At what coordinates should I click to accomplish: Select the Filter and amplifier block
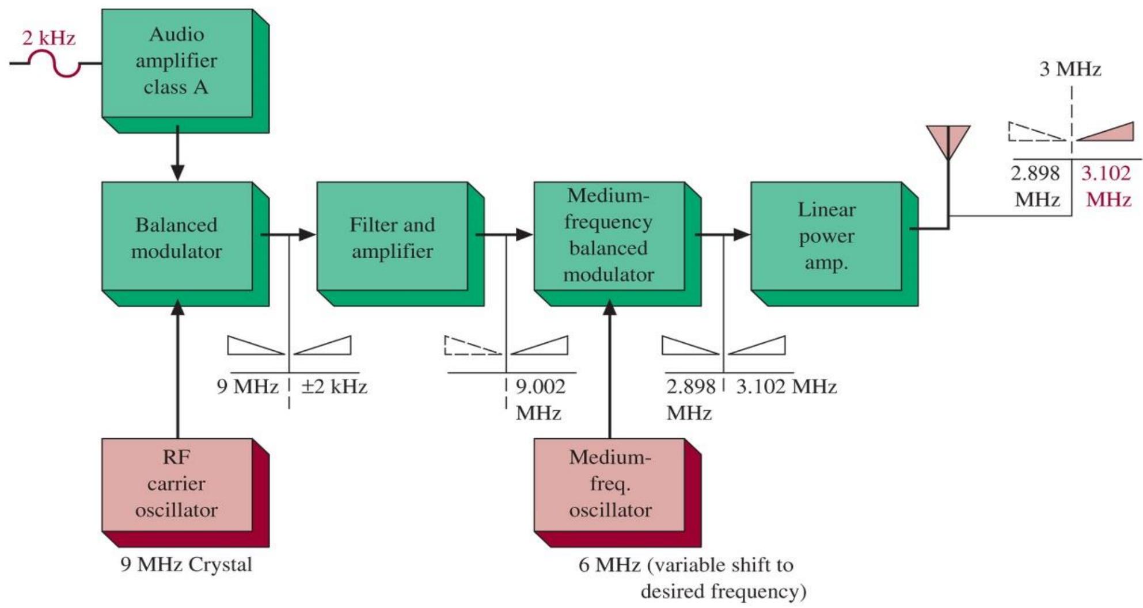click(x=401, y=244)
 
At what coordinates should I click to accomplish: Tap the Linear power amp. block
click(x=834, y=244)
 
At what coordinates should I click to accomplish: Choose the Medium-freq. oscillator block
click(x=618, y=493)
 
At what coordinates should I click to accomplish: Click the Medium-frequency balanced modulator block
click(x=618, y=244)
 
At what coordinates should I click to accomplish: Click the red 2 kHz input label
click(x=49, y=39)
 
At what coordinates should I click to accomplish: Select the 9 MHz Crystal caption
click(x=186, y=564)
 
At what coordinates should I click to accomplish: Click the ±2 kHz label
click(x=334, y=387)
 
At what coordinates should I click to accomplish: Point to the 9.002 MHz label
click(x=540, y=399)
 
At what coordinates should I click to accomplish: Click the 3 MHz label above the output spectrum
click(x=1070, y=70)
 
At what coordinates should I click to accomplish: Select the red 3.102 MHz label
click(x=1106, y=186)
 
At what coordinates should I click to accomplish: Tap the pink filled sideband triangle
click(x=1106, y=132)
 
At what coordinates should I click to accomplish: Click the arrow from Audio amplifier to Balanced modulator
click(x=178, y=152)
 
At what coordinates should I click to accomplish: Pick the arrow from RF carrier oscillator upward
click(x=178, y=369)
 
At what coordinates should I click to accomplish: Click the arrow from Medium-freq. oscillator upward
click(x=610, y=369)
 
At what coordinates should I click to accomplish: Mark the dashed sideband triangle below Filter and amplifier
click(x=473, y=345)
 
